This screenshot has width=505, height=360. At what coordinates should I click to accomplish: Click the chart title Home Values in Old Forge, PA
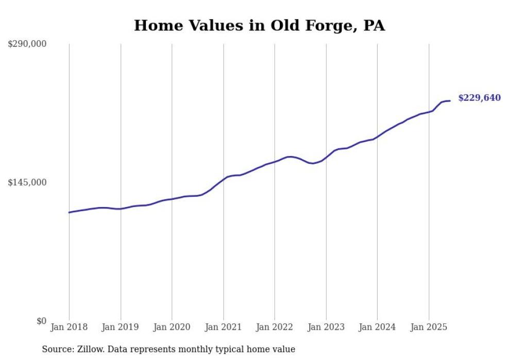click(259, 25)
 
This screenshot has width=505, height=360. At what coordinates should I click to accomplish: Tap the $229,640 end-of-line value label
click(479, 98)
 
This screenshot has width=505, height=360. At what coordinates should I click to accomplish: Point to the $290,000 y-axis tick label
click(27, 44)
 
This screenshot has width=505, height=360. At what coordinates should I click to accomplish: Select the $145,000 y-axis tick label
click(27, 182)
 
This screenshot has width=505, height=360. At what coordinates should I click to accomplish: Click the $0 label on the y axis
click(41, 321)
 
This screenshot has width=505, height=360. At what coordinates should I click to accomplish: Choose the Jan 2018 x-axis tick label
click(69, 327)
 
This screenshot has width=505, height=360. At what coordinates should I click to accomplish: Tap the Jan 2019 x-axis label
click(121, 327)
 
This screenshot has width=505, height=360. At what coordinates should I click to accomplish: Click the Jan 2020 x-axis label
click(172, 327)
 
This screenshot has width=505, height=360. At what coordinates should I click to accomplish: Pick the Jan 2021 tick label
click(223, 327)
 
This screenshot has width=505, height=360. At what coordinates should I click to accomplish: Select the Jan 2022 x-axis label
click(275, 327)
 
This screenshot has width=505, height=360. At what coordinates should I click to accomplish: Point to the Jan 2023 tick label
click(326, 327)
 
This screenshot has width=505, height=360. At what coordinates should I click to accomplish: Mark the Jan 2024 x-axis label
click(377, 327)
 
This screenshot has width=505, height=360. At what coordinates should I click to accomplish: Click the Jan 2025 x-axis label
click(429, 327)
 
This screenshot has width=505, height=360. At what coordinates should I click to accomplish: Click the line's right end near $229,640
click(450, 100)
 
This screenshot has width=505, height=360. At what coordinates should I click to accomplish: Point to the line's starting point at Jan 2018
click(69, 212)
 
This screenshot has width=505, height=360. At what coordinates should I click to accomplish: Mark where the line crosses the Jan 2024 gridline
click(377, 137)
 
